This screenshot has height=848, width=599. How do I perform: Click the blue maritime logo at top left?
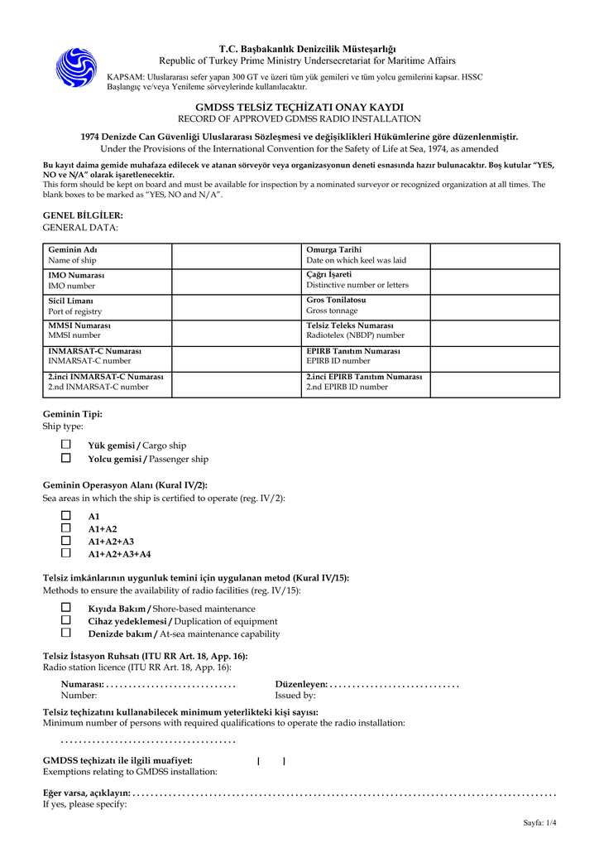pos(76,66)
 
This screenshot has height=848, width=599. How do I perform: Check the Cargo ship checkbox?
pos(66,445)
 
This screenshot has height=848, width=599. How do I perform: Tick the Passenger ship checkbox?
pos(66,458)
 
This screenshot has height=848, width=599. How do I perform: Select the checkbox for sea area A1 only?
pos(66,515)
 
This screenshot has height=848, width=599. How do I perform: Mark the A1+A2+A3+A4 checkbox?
pos(66,553)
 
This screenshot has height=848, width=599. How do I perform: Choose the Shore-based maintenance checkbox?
pos(66,608)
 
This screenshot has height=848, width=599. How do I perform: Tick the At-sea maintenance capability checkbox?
pos(66,633)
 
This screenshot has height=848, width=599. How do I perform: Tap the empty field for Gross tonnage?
pos(495,306)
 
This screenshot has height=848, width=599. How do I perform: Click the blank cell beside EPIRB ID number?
pos(495,356)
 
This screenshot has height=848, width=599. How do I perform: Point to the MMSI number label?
pos(74,335)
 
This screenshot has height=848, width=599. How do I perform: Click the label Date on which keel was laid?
pos(356,260)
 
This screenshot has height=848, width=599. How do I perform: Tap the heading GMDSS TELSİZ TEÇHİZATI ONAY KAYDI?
pos(299,108)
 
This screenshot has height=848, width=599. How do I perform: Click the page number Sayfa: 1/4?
pos(539,822)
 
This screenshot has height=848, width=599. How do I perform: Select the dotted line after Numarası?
pos(171,684)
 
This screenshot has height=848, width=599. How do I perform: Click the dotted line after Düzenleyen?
pos(395,684)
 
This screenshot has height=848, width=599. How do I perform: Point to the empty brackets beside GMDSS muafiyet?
pos(271,760)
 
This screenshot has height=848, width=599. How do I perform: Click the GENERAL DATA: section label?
pos(80,227)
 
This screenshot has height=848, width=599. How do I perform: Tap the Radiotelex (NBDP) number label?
pos(356,335)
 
